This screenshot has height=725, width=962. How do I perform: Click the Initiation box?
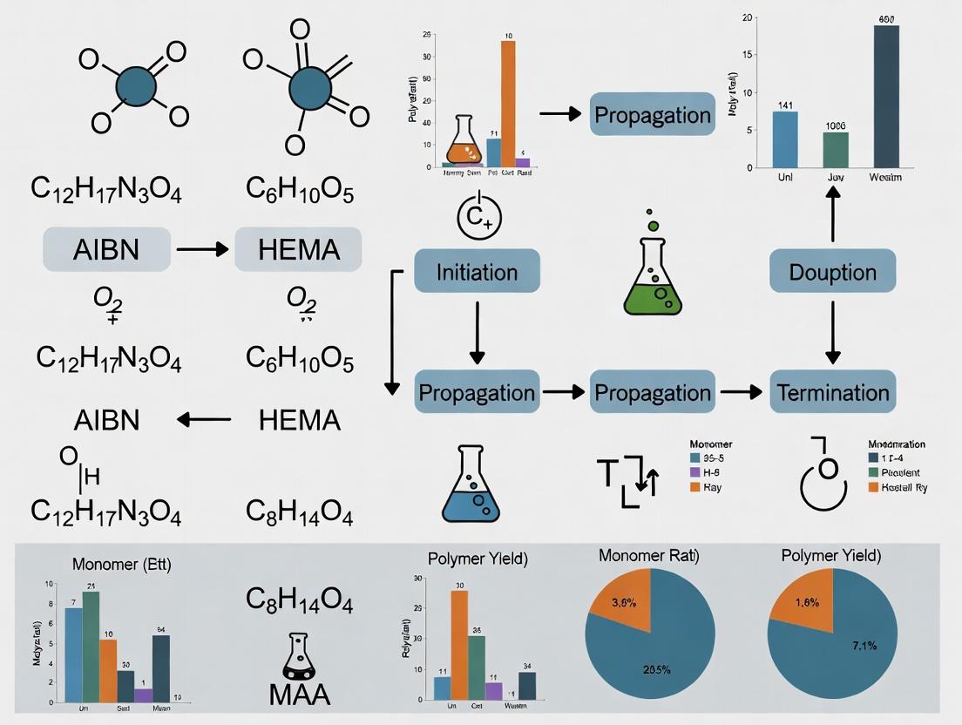click(x=477, y=271)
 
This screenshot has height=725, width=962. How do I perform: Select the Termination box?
click(x=832, y=391)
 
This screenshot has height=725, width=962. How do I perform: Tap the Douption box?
click(x=832, y=271)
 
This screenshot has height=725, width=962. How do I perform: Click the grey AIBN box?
click(x=105, y=250)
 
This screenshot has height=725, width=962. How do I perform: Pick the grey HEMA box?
click(x=298, y=250)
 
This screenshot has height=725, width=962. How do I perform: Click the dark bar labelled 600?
click(x=886, y=96)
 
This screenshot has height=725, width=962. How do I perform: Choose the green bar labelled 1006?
click(x=836, y=149)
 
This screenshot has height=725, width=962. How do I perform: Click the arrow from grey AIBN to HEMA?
click(x=202, y=250)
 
